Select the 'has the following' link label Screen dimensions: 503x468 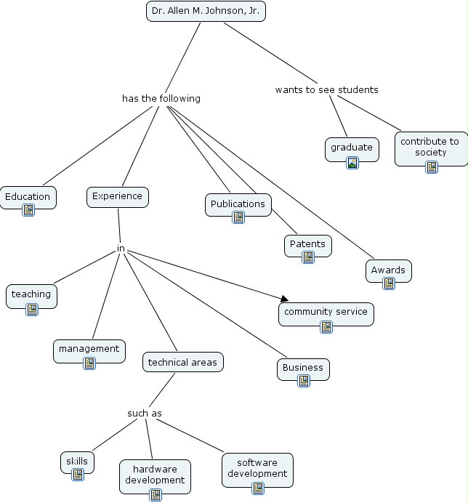(x=161, y=98)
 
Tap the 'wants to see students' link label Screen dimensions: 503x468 (x=326, y=89)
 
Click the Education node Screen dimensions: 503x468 (x=28, y=196)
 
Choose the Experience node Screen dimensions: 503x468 (x=117, y=196)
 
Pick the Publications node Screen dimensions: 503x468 (x=238, y=204)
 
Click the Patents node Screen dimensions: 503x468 (x=307, y=244)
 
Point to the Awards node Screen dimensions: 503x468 (x=388, y=270)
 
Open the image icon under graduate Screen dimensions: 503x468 (x=352, y=163)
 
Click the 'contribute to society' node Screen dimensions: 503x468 (x=429, y=147)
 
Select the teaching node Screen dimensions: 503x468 (x=31, y=294)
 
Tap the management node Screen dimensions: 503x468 (x=89, y=349)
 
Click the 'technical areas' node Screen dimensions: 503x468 (x=182, y=362)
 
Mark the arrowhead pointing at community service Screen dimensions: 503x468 (x=284, y=297)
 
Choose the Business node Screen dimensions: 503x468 (x=303, y=368)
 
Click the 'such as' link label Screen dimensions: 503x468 (x=144, y=414)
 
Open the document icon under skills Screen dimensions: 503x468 (x=77, y=475)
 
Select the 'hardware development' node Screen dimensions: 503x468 (x=155, y=475)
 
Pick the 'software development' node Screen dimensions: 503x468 (x=257, y=468)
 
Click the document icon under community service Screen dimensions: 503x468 (x=326, y=327)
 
